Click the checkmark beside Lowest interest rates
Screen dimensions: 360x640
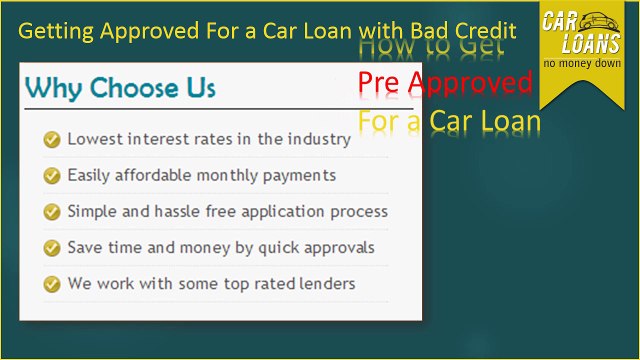(x=52, y=140)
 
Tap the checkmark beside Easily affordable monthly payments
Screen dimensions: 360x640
(x=52, y=176)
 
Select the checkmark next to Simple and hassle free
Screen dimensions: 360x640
(x=52, y=212)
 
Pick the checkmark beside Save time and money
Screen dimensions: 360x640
(x=52, y=247)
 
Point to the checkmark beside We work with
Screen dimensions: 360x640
(x=52, y=284)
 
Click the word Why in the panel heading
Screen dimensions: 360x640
(x=53, y=88)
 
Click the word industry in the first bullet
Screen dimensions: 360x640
(x=320, y=140)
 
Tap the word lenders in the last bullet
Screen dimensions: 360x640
(x=324, y=284)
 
